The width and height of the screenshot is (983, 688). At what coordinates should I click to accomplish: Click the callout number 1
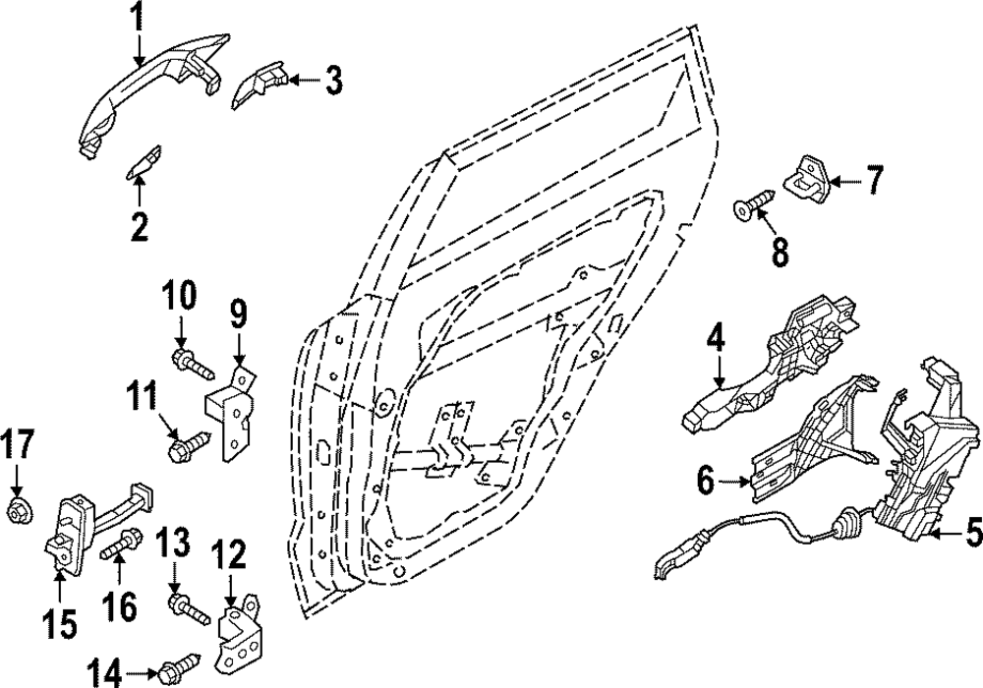(x=138, y=17)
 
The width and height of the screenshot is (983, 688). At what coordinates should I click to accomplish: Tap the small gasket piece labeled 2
(x=142, y=163)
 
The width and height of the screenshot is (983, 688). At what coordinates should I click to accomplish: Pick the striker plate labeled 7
(x=808, y=174)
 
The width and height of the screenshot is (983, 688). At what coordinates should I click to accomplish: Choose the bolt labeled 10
(x=193, y=363)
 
